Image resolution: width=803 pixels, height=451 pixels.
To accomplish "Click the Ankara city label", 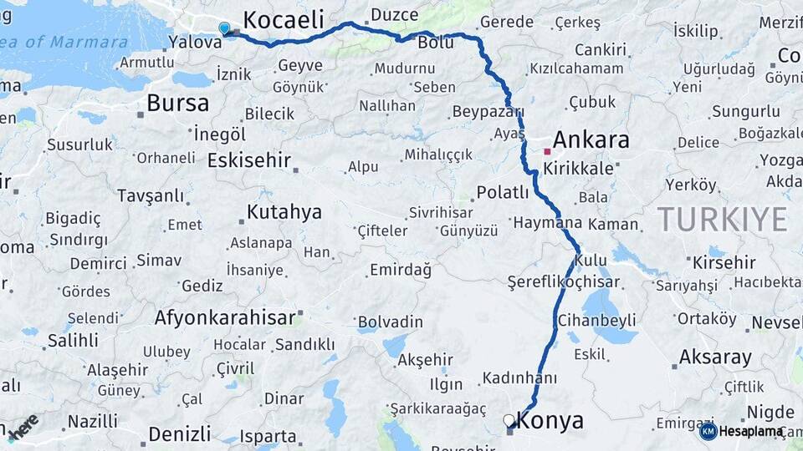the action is (x=591, y=139).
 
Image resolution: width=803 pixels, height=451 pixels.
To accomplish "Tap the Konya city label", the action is (x=550, y=421).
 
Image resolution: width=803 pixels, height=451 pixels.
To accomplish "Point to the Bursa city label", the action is (x=177, y=104).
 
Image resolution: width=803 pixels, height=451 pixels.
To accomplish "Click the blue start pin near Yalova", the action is (x=223, y=28).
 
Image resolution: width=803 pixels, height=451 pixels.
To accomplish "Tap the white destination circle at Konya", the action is (x=509, y=420).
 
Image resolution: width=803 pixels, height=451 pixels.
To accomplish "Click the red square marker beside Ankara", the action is (x=547, y=152).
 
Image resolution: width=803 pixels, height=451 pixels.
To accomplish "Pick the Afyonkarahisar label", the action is (x=225, y=317).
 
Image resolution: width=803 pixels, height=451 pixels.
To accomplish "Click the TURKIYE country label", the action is (x=722, y=220).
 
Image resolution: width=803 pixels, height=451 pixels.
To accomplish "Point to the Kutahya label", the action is (x=284, y=212).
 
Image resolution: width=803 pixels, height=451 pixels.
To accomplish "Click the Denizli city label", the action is (x=179, y=433).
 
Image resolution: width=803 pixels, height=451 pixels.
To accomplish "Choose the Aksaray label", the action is (x=715, y=357).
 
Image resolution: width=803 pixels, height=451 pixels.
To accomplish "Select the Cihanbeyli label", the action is (x=597, y=321).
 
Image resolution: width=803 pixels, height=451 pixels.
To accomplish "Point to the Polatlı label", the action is (x=502, y=193).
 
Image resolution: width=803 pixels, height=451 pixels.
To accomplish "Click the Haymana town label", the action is (x=547, y=224).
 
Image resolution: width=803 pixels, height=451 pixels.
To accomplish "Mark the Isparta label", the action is (x=268, y=436).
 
